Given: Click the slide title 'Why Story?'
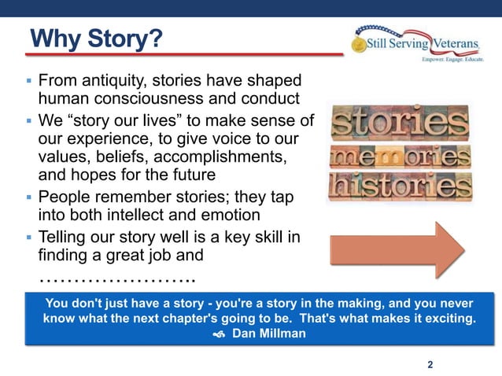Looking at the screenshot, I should [x=95, y=39].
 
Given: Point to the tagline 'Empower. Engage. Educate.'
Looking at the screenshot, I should [x=455, y=60].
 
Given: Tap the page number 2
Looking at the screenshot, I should [x=430, y=364].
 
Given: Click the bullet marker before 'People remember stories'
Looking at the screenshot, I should [x=28, y=195].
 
